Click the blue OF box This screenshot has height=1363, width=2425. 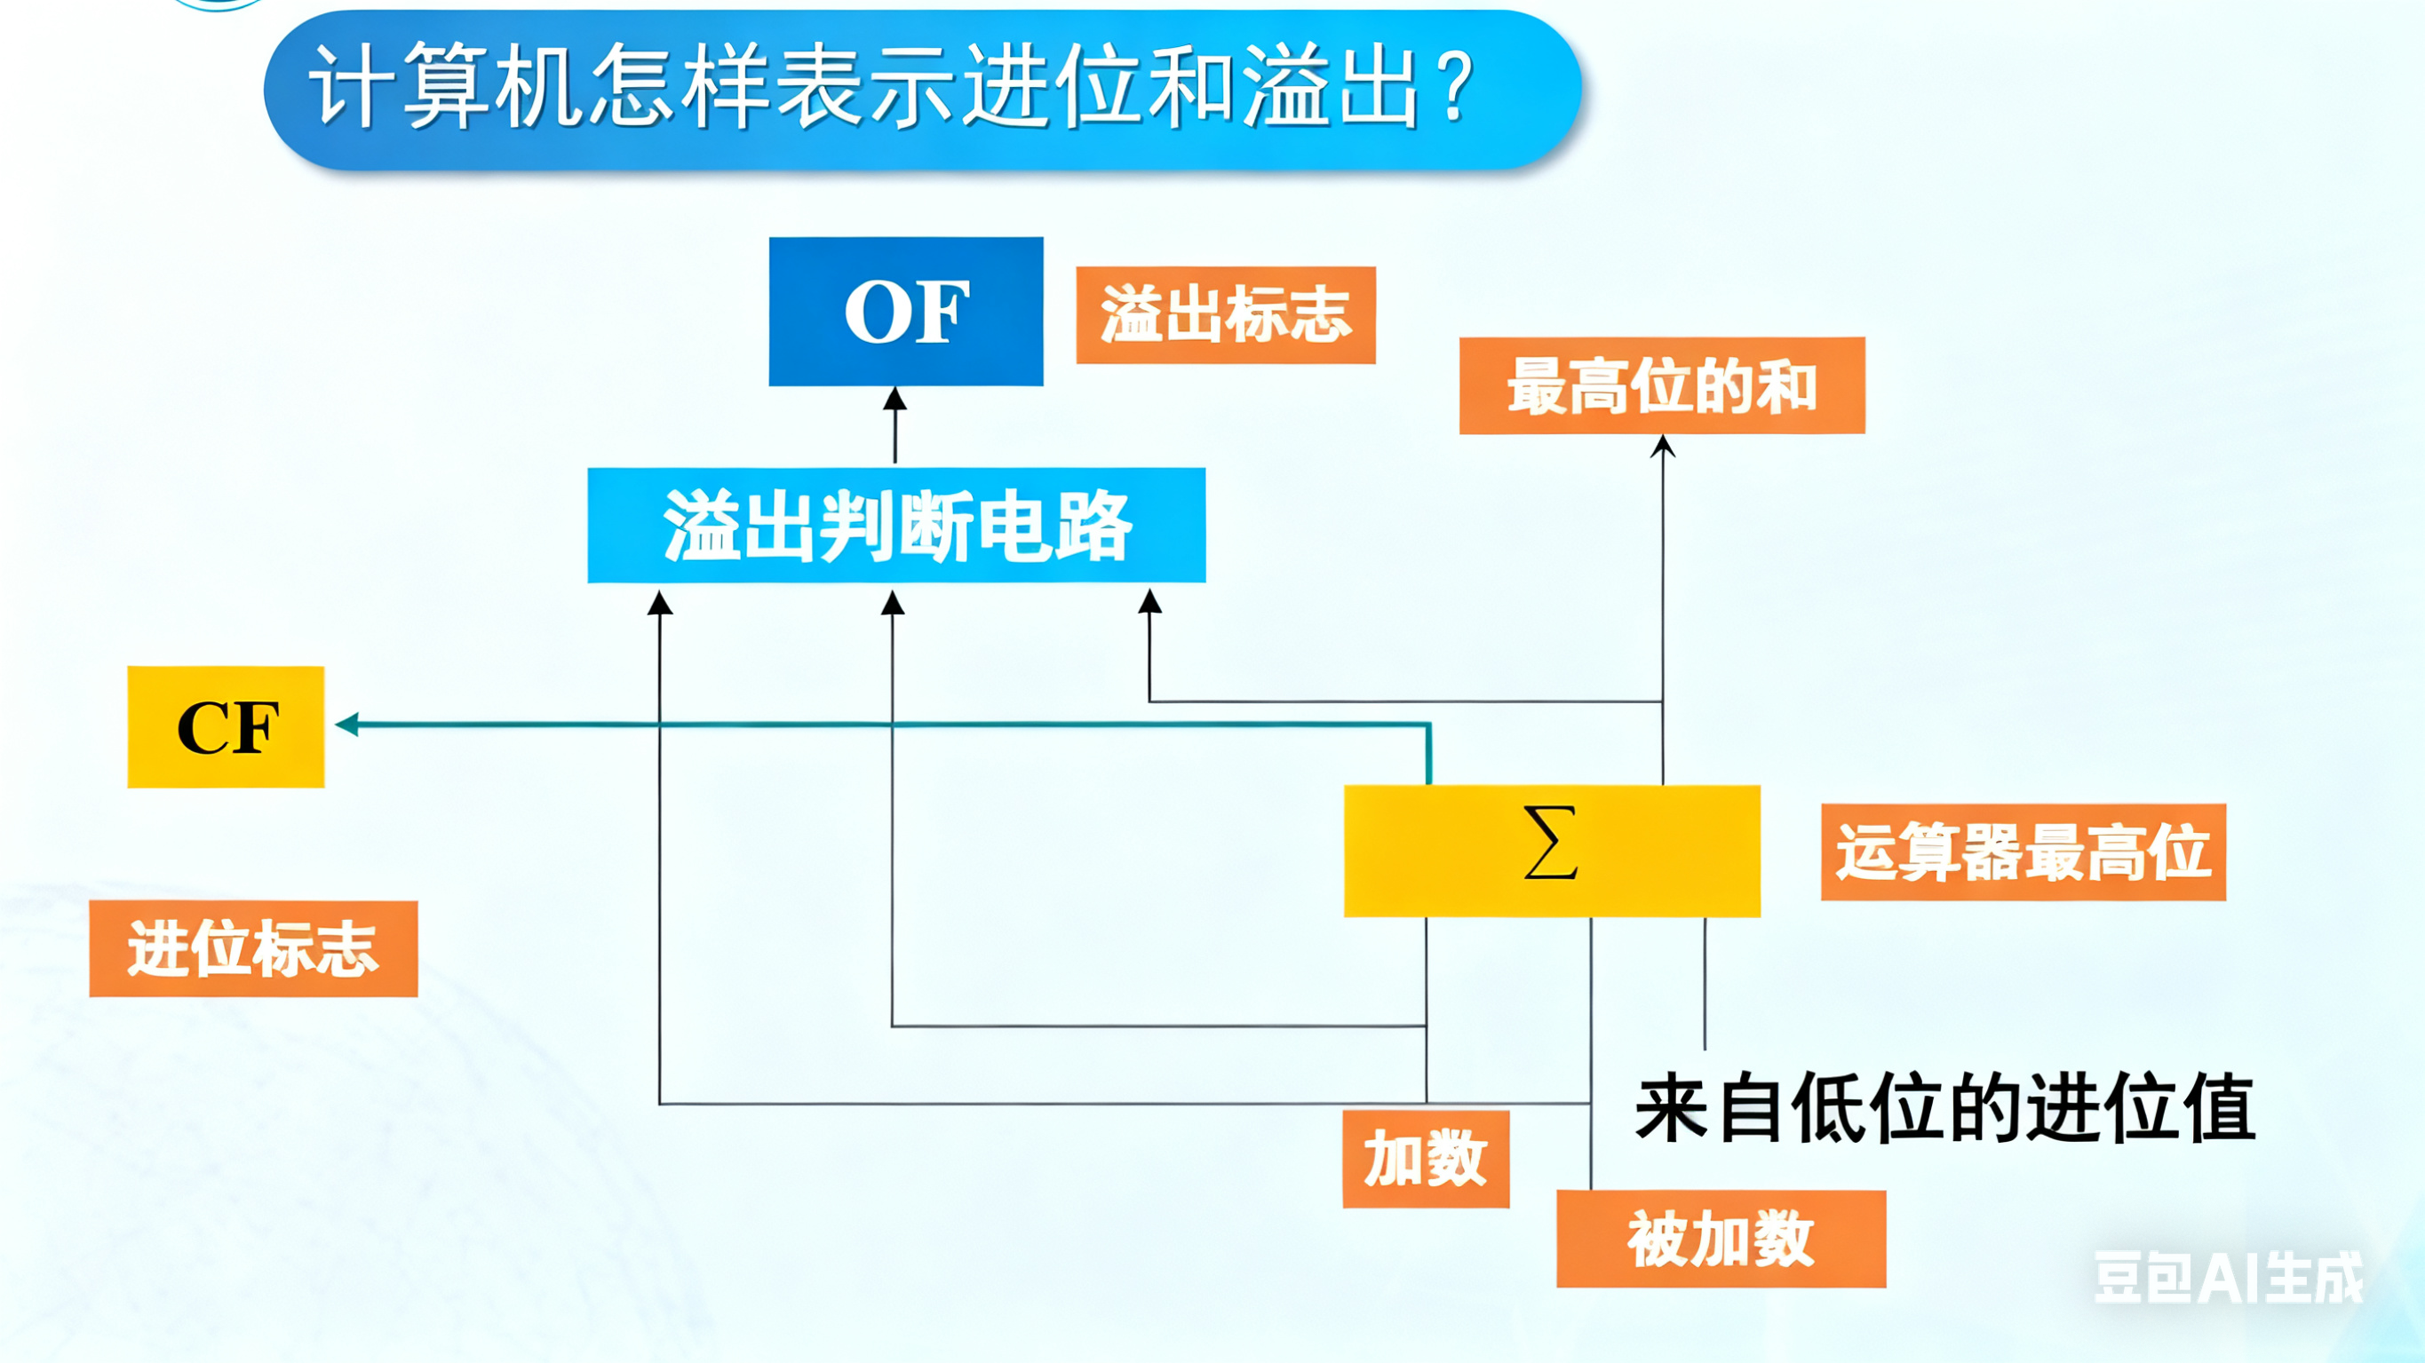coord(906,312)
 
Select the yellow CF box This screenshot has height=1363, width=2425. coord(226,726)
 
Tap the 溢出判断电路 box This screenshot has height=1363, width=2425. coord(896,526)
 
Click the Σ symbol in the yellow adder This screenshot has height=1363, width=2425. coord(1549,844)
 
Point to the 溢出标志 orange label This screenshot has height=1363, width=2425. coord(1226,315)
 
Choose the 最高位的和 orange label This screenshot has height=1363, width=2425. coord(1662,386)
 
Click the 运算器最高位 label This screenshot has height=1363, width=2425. coord(2023,852)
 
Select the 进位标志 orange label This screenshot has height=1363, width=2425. coord(253,949)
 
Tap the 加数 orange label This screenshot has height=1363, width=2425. coord(1426,1159)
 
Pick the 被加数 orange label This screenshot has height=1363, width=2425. coord(1721,1239)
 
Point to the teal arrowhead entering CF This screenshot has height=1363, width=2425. coord(347,724)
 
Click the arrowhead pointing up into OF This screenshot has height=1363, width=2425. coord(895,399)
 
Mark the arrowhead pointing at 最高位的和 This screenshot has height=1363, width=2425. coord(1663,446)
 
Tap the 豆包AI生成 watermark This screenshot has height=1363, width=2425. coord(2227,1279)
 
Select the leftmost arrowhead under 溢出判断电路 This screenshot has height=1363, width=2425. coord(660,602)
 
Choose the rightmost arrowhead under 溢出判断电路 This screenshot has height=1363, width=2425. coord(1149,600)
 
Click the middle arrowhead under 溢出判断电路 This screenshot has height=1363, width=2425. coord(893,602)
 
